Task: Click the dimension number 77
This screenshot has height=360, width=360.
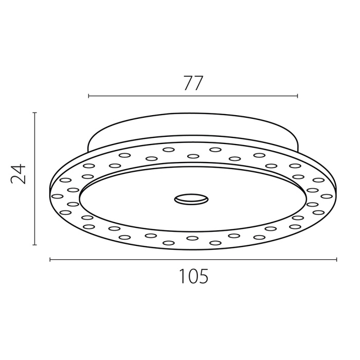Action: pyautogui.click(x=193, y=83)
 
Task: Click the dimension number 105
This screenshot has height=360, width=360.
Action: pyautogui.click(x=193, y=276)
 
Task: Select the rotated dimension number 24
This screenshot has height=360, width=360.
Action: pyautogui.click(x=18, y=174)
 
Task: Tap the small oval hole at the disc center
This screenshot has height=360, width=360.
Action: pyautogui.click(x=191, y=199)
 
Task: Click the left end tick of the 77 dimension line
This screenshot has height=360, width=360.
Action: pyautogui.click(x=88, y=96)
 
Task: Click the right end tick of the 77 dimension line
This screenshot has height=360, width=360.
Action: pyautogui.click(x=298, y=96)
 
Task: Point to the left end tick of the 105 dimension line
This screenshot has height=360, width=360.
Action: pyautogui.click(x=50, y=260)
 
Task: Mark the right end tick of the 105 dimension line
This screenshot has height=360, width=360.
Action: pyautogui.click(x=336, y=260)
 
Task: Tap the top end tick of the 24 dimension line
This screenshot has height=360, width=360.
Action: pyautogui.click(x=34, y=113)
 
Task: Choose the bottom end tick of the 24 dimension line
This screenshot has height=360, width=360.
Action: pyautogui.click(x=34, y=245)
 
